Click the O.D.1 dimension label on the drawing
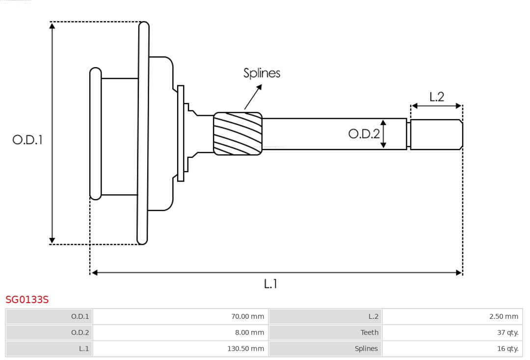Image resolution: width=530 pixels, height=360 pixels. tap(27, 140)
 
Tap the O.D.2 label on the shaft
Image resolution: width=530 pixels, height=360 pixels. tap(364, 134)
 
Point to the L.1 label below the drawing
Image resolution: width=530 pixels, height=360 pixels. tap(270, 283)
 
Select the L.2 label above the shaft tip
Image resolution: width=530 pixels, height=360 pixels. tap(436, 97)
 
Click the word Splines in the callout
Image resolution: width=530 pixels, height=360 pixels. tap(262, 73)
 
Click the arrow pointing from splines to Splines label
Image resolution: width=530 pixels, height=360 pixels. tap(253, 97)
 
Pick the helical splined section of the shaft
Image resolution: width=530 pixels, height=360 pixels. tap(238, 134)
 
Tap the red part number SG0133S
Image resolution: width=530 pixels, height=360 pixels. tap(27, 300)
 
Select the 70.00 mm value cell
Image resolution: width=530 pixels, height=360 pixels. tap(180, 316)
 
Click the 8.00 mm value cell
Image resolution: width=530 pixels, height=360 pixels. tap(180, 333)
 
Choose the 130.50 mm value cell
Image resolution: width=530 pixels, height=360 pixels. tap(180, 349)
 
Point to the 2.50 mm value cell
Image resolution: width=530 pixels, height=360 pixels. tap(452, 316)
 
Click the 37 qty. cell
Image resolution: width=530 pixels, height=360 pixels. tap(452, 333)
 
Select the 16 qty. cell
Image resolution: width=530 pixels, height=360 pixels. tap(452, 349)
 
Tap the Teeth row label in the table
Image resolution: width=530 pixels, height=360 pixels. tap(325, 333)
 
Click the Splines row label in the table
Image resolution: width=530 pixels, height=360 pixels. tap(325, 349)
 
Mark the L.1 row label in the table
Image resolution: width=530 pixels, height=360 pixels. tap(49, 349)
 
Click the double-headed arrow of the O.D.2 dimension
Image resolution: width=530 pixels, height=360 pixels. tap(383, 133)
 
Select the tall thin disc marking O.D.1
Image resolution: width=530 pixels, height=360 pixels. tap(143, 133)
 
